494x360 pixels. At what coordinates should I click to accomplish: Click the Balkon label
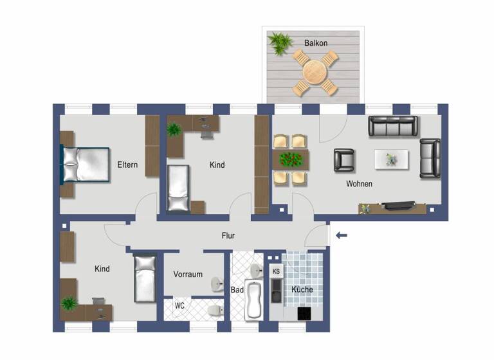coord(316,43)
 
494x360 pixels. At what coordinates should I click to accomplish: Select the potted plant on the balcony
coord(280,43)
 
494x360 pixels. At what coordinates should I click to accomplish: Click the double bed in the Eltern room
coord(84,165)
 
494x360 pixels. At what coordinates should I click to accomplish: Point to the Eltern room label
coord(127,165)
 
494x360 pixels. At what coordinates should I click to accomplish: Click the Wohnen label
coord(359,184)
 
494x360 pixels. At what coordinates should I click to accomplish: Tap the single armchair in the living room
coord(344,160)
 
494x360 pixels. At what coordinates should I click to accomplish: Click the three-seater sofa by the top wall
coord(393,126)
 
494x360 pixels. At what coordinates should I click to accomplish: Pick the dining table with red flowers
coord(291,159)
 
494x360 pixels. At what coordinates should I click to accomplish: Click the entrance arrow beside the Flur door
coord(342,235)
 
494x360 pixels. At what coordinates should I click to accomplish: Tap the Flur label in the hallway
coord(228,236)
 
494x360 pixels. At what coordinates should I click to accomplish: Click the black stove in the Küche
coord(303,313)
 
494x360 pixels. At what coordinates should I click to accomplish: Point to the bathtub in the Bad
coord(254,301)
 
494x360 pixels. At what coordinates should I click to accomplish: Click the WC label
coord(180,305)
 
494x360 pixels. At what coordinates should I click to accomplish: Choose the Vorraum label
coord(188,274)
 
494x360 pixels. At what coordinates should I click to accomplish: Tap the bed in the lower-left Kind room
coord(145,278)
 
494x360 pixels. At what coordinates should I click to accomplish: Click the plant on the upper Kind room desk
coord(174,129)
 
